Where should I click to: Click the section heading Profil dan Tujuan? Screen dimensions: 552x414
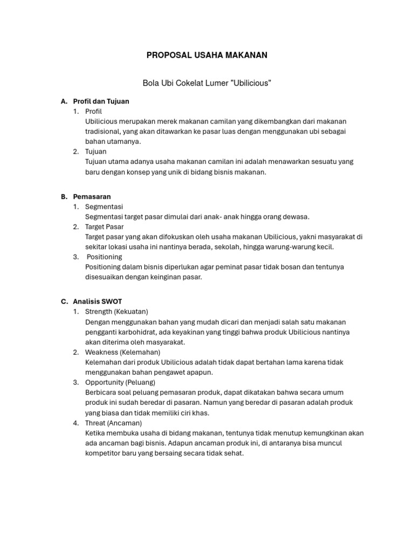(101, 101)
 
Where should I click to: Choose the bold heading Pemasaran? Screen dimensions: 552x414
(92, 197)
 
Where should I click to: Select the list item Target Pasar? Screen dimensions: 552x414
(105, 226)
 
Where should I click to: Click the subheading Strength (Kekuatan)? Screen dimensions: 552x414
(116, 312)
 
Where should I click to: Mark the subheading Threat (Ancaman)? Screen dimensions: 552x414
(113, 423)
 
